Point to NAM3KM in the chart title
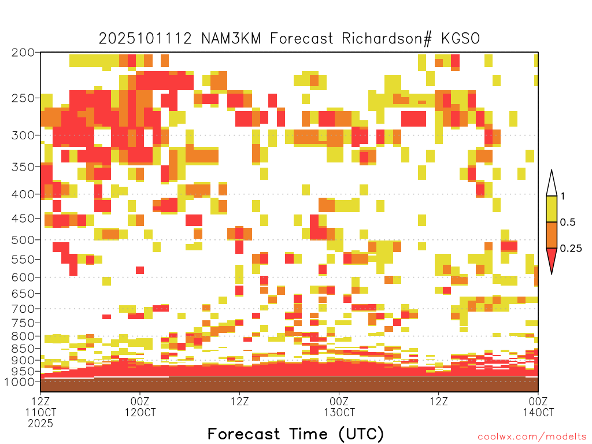point(231,39)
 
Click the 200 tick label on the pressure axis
point(23,53)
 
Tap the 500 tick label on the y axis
point(23,240)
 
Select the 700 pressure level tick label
point(23,309)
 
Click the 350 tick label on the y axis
point(23,167)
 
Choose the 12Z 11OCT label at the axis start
point(40,406)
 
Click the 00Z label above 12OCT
point(140,401)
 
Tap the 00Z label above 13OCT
point(339,401)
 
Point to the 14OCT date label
point(538,412)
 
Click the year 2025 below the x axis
point(40,424)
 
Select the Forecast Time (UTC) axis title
point(295,434)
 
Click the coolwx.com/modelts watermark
point(532,437)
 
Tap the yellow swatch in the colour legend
point(552,209)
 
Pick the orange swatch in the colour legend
point(552,235)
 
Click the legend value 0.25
point(571,249)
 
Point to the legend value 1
point(563,197)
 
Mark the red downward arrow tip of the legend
point(552,273)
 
